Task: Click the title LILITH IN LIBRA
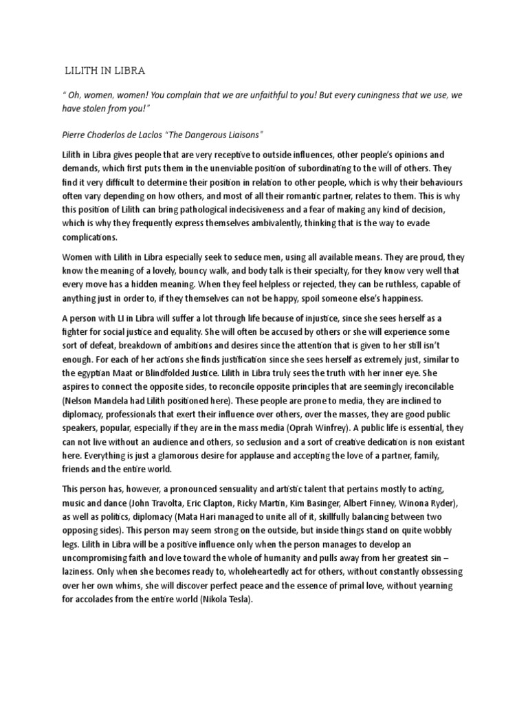104,70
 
